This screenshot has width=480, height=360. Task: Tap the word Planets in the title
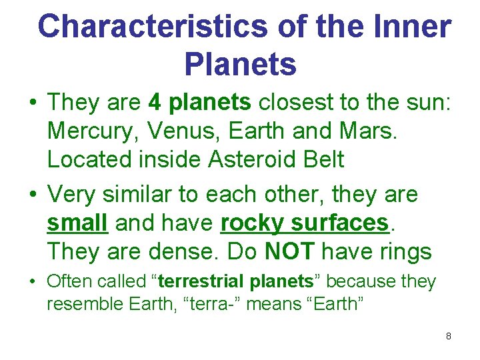point(240,65)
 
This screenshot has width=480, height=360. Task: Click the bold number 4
point(155,103)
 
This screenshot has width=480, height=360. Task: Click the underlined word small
point(77,223)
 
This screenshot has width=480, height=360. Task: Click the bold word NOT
point(289,252)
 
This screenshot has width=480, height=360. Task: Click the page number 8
point(449,336)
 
